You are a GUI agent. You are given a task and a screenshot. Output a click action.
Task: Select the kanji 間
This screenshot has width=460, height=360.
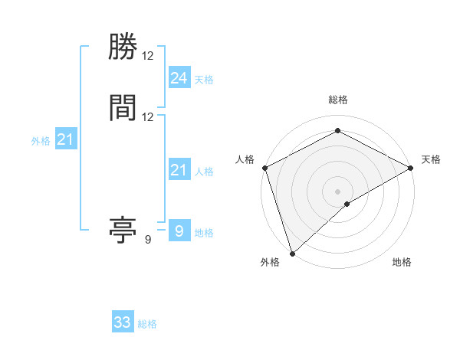click(123, 108)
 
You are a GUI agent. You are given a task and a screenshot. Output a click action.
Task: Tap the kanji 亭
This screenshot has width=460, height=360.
click(123, 230)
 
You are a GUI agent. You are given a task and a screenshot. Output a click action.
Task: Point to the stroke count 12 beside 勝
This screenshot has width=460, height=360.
click(148, 57)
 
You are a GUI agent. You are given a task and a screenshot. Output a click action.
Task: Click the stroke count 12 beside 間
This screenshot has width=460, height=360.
click(148, 117)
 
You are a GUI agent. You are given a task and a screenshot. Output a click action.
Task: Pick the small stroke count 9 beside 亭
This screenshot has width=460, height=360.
click(148, 240)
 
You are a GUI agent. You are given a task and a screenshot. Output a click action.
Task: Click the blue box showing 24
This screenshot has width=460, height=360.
click(179, 77)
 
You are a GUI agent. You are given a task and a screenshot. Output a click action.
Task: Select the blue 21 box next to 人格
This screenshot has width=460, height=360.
click(179, 170)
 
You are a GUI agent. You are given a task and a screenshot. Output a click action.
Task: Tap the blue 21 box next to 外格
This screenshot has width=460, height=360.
click(66, 139)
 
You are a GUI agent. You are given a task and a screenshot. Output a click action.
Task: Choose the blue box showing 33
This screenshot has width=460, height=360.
click(123, 322)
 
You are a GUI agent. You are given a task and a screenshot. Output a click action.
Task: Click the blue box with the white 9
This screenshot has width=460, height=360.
click(179, 231)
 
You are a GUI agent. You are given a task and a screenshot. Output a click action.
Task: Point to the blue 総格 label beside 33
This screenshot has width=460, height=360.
click(147, 324)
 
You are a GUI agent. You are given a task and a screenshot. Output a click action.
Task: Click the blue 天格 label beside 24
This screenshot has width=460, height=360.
click(204, 79)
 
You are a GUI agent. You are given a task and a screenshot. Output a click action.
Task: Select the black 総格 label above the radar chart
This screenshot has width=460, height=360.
click(337, 100)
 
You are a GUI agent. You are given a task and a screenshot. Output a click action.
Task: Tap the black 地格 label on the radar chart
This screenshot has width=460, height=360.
click(402, 263)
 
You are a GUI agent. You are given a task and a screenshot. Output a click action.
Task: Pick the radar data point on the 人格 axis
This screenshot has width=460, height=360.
click(264, 168)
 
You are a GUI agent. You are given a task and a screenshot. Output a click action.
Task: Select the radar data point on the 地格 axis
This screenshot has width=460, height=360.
click(347, 204)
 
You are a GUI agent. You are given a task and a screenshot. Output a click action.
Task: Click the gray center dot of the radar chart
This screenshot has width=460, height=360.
click(337, 191)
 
